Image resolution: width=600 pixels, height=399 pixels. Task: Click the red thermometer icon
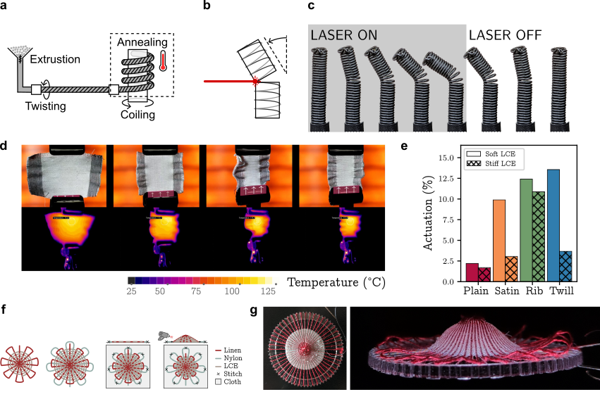click(x=164, y=60)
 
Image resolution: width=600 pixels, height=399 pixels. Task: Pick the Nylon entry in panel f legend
click(x=224, y=357)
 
